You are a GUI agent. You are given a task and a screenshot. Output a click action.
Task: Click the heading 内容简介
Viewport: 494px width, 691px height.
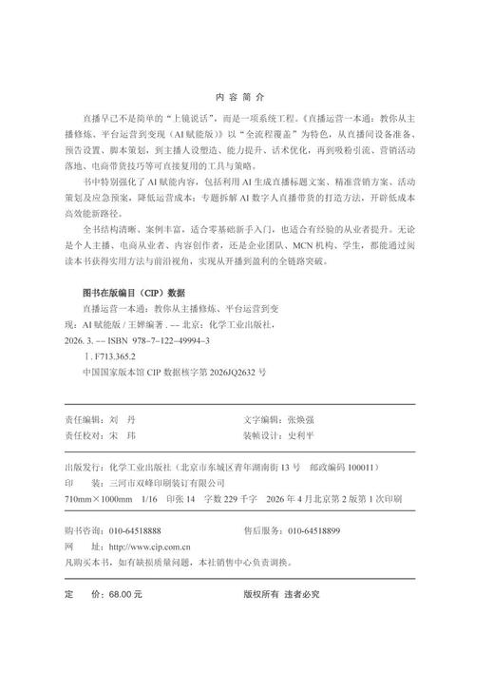(246, 97)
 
